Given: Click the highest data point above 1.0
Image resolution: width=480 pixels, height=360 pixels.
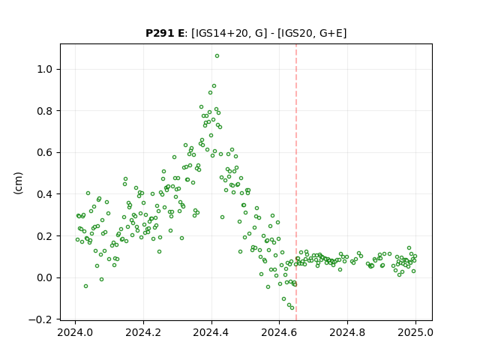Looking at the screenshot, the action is (x=217, y=56).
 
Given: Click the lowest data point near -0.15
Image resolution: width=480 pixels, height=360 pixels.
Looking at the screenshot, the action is (x=292, y=308).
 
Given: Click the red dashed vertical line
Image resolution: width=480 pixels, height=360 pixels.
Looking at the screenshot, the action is (x=296, y=182).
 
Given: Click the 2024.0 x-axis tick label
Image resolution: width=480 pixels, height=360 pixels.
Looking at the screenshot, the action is (x=75, y=332).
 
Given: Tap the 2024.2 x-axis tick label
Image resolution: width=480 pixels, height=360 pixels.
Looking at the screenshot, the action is (x=143, y=332).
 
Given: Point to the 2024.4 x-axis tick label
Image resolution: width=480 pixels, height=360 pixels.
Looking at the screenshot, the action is (x=211, y=332).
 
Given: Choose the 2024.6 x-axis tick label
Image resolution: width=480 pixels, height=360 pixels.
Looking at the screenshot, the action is (x=279, y=332).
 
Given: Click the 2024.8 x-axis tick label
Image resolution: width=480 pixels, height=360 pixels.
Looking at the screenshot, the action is (x=347, y=332).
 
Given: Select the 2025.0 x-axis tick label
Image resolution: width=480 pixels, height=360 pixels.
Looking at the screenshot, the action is (x=415, y=332).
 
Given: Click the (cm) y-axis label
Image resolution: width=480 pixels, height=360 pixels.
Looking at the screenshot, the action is (x=18, y=183).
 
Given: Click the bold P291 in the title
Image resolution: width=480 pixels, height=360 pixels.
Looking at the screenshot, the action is (x=158, y=33).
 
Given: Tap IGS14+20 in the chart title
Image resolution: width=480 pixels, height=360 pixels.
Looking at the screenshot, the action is (x=220, y=33).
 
